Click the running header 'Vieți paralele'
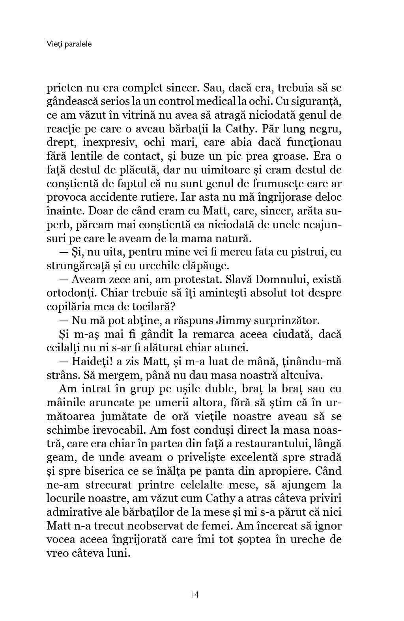point(69,44)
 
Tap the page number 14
point(194,595)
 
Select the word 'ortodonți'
point(66,293)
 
